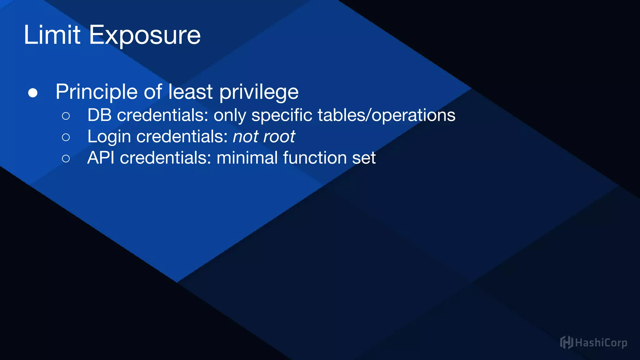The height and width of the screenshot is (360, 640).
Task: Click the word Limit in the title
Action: (x=52, y=35)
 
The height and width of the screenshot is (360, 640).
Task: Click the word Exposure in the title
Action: (x=145, y=36)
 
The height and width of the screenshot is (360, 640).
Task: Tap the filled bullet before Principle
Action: (x=33, y=93)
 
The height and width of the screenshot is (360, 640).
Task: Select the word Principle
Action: (x=96, y=92)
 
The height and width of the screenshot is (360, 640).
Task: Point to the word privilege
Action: (x=259, y=92)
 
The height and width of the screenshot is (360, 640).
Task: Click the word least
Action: (x=190, y=92)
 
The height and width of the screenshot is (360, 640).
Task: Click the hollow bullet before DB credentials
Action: (x=66, y=116)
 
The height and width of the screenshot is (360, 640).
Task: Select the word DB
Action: (x=99, y=115)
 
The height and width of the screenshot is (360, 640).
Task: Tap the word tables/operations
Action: (x=386, y=115)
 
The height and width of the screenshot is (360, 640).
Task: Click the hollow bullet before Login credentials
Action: (x=66, y=137)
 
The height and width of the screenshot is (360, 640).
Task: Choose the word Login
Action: (x=109, y=137)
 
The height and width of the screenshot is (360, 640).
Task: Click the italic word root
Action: (x=279, y=137)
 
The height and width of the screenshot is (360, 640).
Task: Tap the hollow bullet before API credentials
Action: (x=66, y=158)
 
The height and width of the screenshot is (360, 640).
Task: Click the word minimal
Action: (x=247, y=157)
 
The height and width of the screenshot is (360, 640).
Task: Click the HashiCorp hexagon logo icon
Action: (x=566, y=342)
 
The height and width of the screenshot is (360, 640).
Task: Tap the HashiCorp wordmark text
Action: (x=601, y=343)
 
